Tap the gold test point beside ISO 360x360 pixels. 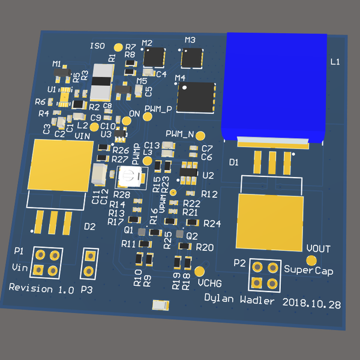[x=118, y=47]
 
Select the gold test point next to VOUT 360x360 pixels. [x=311, y=260]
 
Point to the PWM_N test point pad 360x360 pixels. [x=201, y=136]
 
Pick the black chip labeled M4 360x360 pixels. [x=196, y=98]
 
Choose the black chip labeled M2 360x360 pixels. [x=155, y=57]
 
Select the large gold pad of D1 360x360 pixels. [x=269, y=221]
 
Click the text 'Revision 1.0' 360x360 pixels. [x=41, y=289]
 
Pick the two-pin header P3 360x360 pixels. [x=89, y=262]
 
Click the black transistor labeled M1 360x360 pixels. [x=61, y=74]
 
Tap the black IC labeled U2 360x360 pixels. [x=188, y=174]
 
